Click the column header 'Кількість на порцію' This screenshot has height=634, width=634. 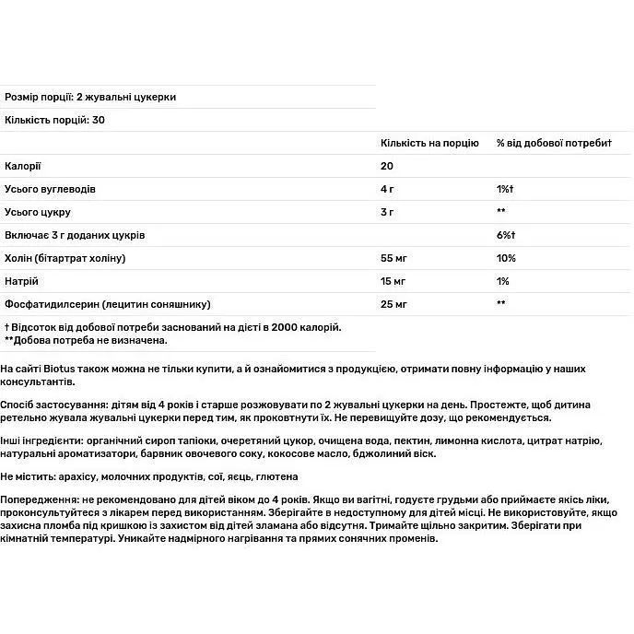pos(429,143)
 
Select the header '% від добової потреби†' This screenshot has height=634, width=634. pos(554,143)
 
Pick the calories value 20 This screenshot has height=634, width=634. pos(387,166)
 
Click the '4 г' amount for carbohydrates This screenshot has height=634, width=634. pos(388,189)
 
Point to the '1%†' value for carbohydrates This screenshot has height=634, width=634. pos(505,189)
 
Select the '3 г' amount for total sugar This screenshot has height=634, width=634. pos(388,212)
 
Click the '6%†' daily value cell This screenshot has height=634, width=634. pos(506,235)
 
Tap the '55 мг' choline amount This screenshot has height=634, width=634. pos(393,258)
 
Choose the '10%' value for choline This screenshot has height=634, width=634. pos(506,258)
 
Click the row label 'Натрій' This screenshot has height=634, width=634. pos(22,281)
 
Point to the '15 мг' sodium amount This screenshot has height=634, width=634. pos(393,281)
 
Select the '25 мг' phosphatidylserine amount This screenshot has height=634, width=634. pos(393,304)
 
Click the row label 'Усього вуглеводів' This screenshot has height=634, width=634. pos(50,189)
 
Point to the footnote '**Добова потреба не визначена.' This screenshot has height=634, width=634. pos(86,340)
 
